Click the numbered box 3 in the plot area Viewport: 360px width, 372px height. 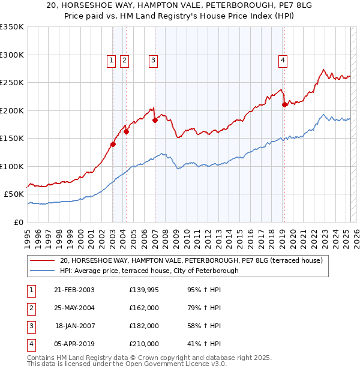(x=154, y=60)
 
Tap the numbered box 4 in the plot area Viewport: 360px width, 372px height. (x=282, y=60)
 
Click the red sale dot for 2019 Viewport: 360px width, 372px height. (x=284, y=104)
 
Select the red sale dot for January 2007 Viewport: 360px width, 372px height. (x=155, y=120)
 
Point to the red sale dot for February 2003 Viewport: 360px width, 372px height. (x=113, y=143)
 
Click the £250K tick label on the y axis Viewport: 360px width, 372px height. (x=12, y=82)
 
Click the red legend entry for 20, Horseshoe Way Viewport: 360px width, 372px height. (x=191, y=260)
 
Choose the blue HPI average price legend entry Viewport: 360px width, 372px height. (x=149, y=271)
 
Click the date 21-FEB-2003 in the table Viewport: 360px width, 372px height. (x=74, y=290)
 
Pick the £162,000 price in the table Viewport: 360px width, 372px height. (x=144, y=308)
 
